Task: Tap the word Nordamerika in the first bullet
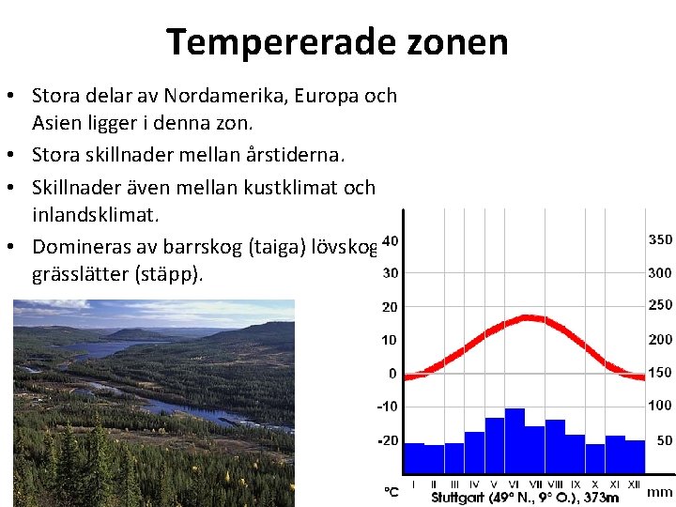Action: click(219, 96)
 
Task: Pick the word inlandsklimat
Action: click(96, 215)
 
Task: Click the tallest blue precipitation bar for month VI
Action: click(515, 441)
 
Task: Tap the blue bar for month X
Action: click(594, 459)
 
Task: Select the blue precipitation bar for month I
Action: click(413, 458)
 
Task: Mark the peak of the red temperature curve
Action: click(532, 317)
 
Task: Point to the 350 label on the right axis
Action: click(660, 240)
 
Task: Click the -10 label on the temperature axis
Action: click(387, 407)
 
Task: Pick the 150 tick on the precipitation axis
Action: click(660, 372)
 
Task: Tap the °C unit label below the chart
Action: click(391, 491)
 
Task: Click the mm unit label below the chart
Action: click(660, 491)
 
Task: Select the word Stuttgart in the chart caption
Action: click(460, 497)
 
